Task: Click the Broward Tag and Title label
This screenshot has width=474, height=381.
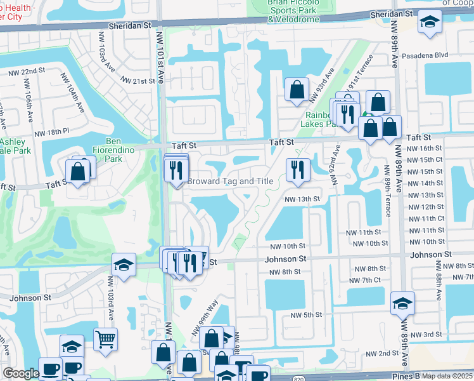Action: coord(230,182)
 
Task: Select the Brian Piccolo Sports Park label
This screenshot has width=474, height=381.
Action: coord(293,11)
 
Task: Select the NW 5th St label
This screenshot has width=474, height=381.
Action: coord(307,315)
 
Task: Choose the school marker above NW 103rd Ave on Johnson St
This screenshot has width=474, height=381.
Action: coord(124,265)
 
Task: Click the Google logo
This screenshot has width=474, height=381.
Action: coord(21,374)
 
